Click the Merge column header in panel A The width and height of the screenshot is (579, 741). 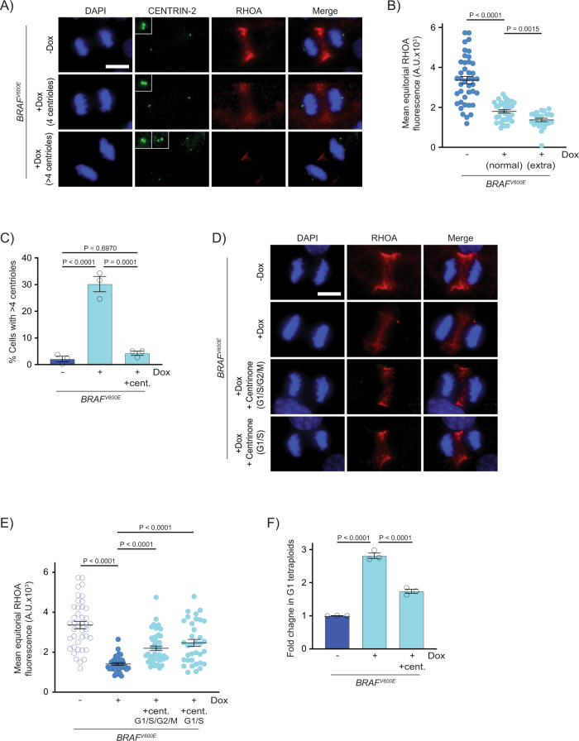tap(315, 13)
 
